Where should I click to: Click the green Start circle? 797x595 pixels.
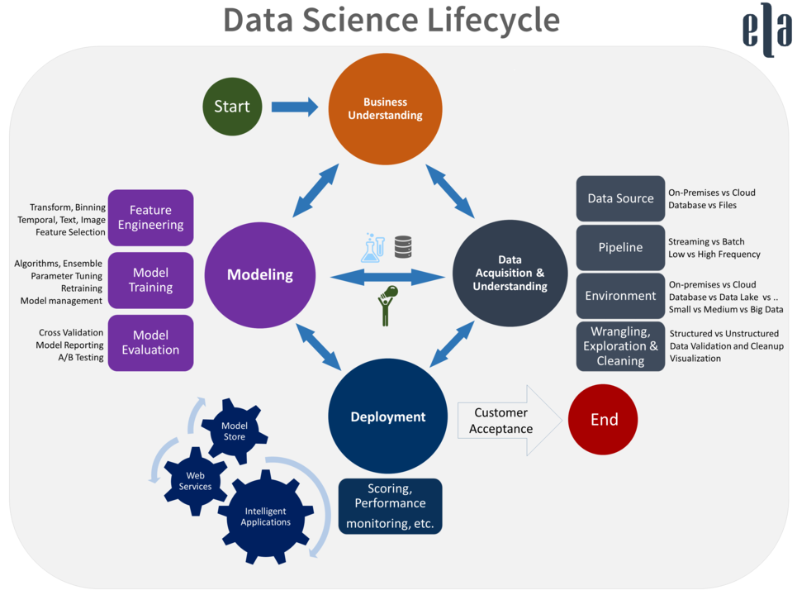point(232,107)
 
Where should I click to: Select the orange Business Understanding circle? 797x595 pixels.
point(385,109)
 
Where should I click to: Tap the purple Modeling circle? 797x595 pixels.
point(259,274)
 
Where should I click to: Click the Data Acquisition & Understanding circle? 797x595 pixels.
point(510,273)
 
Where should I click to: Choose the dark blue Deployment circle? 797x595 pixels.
point(388,416)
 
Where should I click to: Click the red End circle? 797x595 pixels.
point(604,420)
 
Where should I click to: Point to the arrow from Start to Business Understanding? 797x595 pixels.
point(295,107)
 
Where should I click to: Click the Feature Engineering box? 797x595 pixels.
point(151,217)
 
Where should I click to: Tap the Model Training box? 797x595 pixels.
point(151,280)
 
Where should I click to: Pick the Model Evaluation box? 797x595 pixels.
point(151,343)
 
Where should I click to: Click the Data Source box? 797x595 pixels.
point(620,198)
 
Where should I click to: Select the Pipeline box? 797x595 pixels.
point(620,247)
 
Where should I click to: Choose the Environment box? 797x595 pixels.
point(620,296)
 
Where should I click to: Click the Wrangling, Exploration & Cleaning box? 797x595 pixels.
point(620,346)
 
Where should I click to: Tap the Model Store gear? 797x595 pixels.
point(235,431)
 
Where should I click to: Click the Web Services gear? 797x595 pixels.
point(195,481)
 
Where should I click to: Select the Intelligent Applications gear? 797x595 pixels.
point(266,516)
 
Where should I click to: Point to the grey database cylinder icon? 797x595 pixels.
point(403,246)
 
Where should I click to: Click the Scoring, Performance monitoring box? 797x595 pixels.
point(391,506)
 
